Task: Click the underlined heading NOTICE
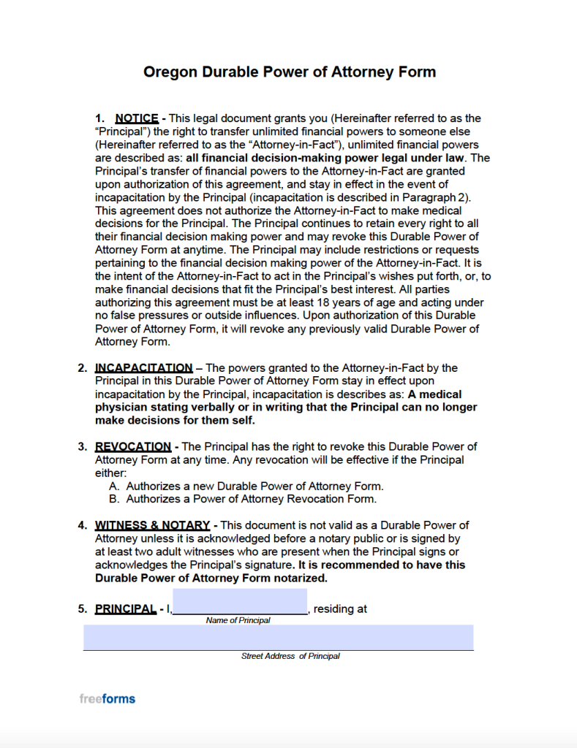tap(137, 118)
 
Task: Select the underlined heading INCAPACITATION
tap(144, 367)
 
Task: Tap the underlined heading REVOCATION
tap(133, 446)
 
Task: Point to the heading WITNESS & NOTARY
tap(152, 525)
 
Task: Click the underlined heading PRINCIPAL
tap(125, 608)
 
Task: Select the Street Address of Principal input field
tap(278, 637)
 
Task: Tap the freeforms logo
tap(107, 698)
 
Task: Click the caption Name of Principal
tap(238, 620)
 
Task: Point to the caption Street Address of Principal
tap(290, 656)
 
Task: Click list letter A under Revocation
tap(114, 486)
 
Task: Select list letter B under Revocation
tap(114, 499)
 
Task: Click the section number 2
tap(83, 367)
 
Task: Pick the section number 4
tap(83, 525)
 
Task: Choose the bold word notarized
tap(299, 578)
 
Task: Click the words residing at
tap(340, 608)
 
